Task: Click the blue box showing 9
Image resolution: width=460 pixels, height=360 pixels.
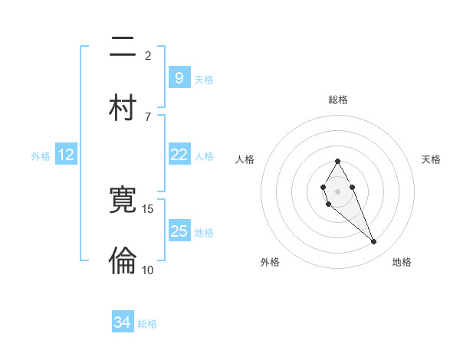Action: [x=179, y=77]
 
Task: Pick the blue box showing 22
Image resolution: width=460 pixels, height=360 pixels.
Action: [x=179, y=155]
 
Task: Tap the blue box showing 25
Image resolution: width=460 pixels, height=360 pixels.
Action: [x=179, y=231]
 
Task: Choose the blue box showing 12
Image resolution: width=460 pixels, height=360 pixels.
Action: [x=66, y=155]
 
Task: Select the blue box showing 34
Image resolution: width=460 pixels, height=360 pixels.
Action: [x=123, y=322]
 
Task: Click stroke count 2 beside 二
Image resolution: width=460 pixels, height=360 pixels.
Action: [x=148, y=56]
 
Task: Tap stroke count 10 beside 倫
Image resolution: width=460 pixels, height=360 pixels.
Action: [x=148, y=270]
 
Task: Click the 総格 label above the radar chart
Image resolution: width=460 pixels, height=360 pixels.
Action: [x=338, y=100]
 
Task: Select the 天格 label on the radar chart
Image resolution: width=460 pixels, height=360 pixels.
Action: [x=431, y=159]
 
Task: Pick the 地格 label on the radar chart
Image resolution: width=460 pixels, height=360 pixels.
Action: [x=402, y=263]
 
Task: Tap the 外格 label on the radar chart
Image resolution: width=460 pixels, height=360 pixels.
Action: [x=270, y=263]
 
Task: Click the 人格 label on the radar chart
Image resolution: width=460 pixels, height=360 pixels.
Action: [x=245, y=159]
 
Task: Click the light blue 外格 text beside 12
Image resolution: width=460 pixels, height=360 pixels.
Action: [x=41, y=155]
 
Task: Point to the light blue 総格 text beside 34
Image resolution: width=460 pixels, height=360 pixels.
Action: [x=147, y=324]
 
